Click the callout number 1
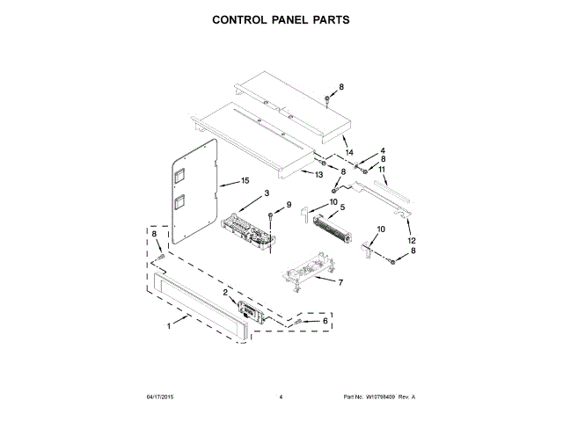(x=169, y=327)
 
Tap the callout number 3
(x=384, y=150)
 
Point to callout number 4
(x=342, y=207)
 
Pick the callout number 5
(x=341, y=280)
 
